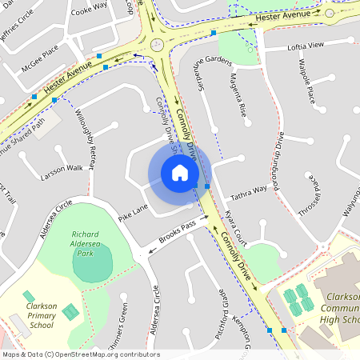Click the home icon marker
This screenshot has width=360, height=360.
[180, 173]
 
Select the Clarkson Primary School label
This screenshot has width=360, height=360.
[41, 315]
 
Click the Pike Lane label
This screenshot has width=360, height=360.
[134, 211]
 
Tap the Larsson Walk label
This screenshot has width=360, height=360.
[62, 168]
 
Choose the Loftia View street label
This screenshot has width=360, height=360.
[306, 47]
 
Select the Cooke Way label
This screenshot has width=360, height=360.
[89, 7]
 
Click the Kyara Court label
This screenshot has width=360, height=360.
[237, 230]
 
